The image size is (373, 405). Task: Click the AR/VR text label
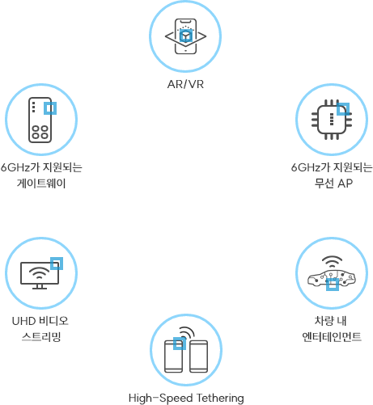coord(185,84)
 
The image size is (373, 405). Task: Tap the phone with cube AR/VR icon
coord(185,36)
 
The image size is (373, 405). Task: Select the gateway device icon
coord(40,120)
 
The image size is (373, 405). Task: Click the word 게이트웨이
coord(41,184)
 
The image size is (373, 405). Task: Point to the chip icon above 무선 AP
coord(331,120)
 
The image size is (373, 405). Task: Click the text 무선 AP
coord(333,184)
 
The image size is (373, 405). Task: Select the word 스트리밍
coord(41,336)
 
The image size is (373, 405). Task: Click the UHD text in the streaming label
coord(23,321)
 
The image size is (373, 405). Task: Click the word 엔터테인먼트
coord(332,336)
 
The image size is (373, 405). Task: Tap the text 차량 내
coord(330,321)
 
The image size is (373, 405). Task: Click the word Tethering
coord(220,399)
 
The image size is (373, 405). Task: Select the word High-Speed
coord(161,399)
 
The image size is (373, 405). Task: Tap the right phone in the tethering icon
coord(199,356)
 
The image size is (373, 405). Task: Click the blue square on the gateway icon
coord(50,108)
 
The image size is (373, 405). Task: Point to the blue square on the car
coord(333,285)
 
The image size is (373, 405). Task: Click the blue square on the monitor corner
coord(57,264)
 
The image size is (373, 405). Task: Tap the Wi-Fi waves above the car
coord(332,262)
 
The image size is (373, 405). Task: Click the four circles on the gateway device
coord(40,132)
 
